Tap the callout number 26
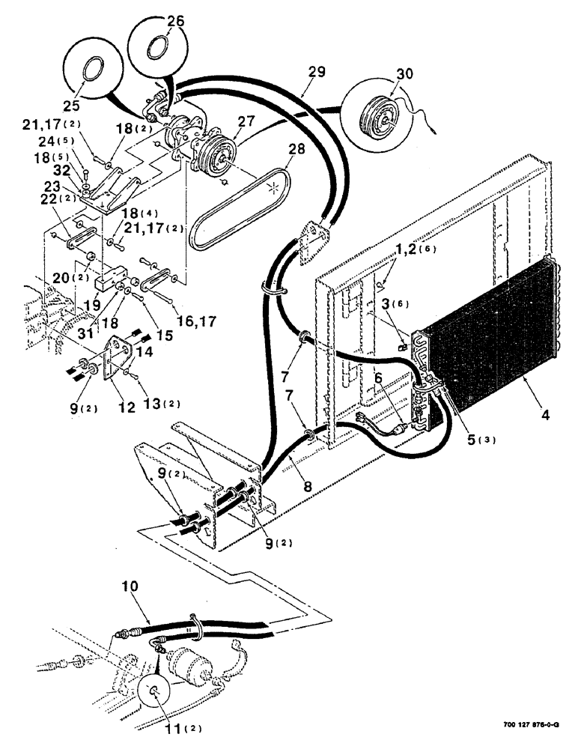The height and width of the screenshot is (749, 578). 174,22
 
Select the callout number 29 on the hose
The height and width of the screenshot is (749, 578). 317,73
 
